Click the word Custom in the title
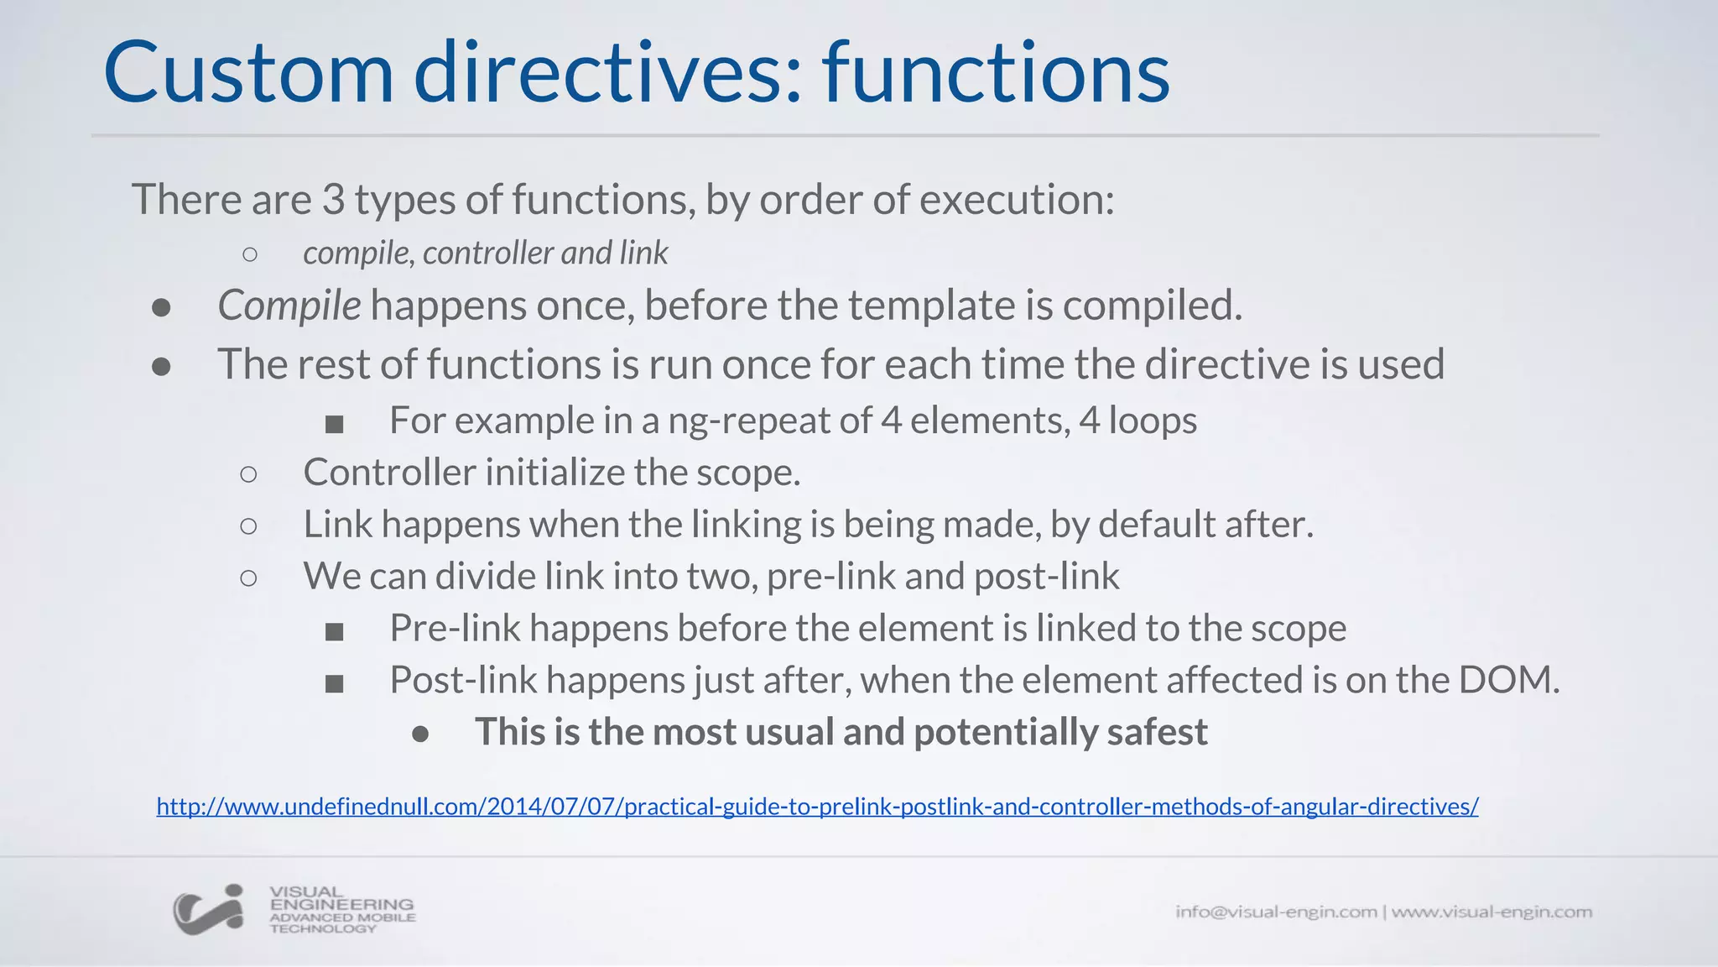[248, 73]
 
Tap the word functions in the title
[996, 73]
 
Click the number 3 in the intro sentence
[333, 200]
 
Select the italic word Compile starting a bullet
[289, 306]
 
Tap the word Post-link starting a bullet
[463, 680]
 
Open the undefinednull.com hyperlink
[817, 807]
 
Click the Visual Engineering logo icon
[209, 910]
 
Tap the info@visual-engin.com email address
[1276, 912]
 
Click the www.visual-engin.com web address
[1492, 912]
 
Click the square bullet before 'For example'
[335, 424]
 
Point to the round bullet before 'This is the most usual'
[420, 734]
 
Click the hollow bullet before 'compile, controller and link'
[249, 254]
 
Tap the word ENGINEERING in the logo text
[341, 904]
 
